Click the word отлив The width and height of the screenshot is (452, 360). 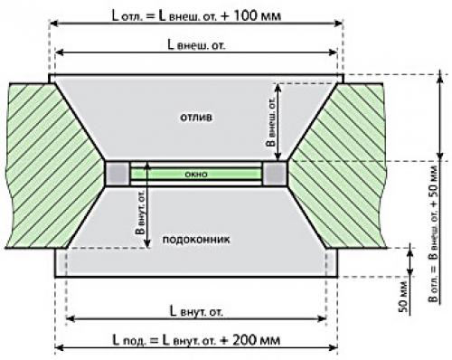click(x=196, y=117)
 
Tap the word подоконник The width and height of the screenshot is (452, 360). click(x=196, y=240)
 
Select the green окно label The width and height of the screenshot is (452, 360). click(x=196, y=174)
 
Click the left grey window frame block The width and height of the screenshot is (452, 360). click(x=117, y=174)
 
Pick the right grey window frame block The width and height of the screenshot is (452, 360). click(x=275, y=174)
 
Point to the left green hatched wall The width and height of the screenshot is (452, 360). click(x=52, y=166)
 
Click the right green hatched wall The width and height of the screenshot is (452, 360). click(x=341, y=166)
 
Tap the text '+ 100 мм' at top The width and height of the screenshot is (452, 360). click(x=251, y=15)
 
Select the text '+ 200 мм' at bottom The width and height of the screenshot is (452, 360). click(x=250, y=340)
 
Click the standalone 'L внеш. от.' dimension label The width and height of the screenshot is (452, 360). click(x=196, y=45)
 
